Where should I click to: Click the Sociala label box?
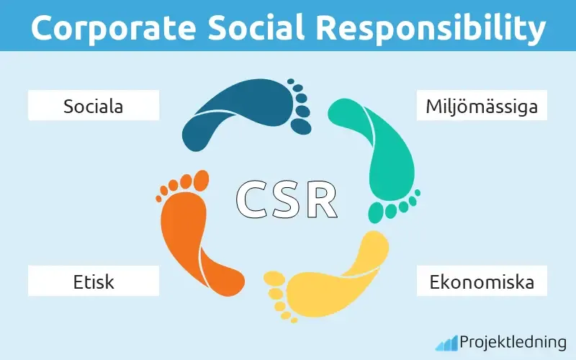pos(93,107)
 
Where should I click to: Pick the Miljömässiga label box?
pos(482,107)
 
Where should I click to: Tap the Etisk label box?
pos(93,281)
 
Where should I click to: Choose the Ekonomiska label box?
pos(482,281)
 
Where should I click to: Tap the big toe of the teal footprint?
pos(377,212)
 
